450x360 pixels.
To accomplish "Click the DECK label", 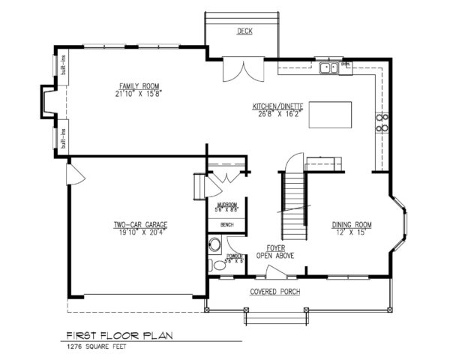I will [244, 31].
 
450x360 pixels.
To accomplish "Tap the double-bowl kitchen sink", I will [328, 69].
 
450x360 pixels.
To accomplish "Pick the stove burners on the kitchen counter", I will [381, 121].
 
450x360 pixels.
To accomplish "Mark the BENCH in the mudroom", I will [226, 225].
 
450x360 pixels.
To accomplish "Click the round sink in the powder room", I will [215, 244].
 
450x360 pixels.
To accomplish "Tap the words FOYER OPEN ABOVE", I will [275, 251].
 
